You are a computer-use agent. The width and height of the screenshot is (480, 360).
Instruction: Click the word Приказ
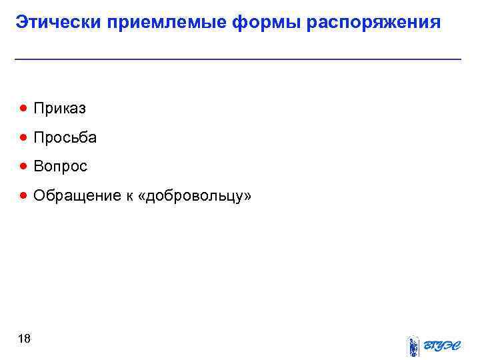click(x=60, y=108)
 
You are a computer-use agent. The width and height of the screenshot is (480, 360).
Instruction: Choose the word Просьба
click(x=65, y=138)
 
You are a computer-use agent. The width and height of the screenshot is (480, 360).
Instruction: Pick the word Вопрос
click(x=61, y=167)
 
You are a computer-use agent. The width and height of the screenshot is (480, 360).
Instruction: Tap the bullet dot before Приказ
click(x=24, y=107)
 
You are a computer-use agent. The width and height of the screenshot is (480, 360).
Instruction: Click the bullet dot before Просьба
click(x=24, y=137)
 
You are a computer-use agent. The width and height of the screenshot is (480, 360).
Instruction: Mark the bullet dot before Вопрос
click(x=24, y=166)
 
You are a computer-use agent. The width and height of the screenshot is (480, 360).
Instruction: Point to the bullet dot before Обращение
click(x=24, y=195)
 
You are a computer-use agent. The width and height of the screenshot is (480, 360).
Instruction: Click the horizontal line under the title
click(x=238, y=60)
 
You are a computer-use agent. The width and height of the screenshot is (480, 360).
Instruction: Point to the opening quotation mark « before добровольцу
click(x=140, y=197)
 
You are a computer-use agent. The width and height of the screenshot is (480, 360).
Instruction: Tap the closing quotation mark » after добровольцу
click(x=248, y=197)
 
